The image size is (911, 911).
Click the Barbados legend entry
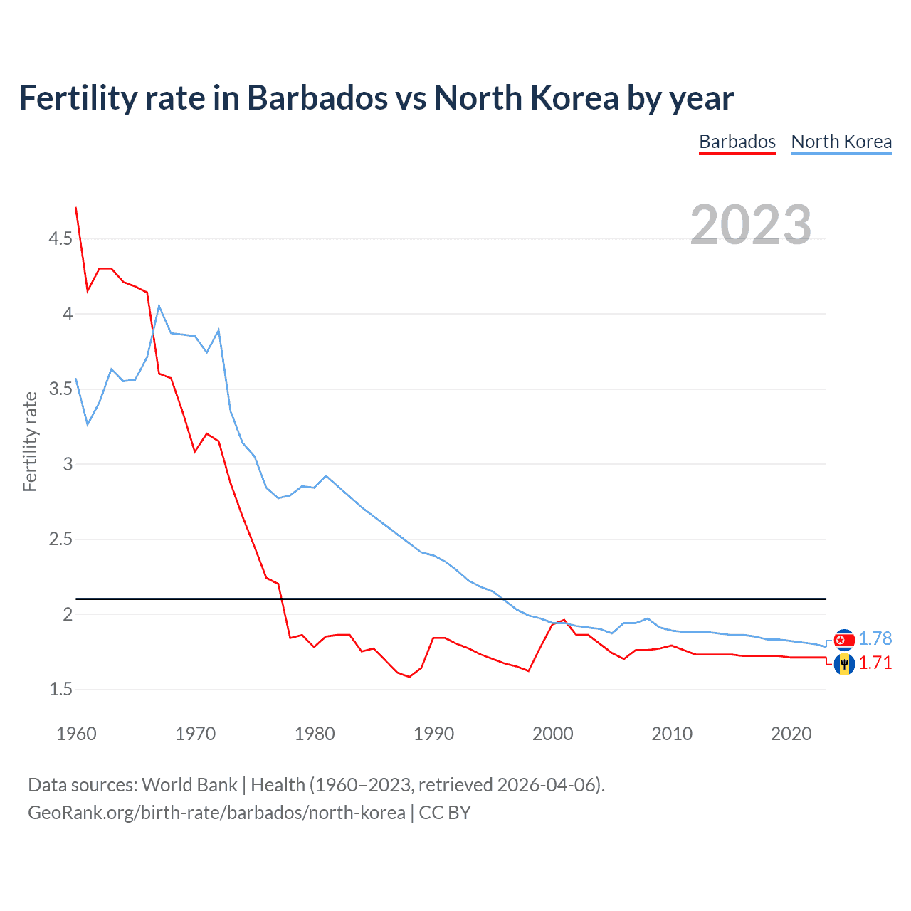click(x=737, y=142)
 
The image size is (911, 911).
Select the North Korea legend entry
click(x=841, y=142)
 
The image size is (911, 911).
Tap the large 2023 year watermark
click(x=751, y=225)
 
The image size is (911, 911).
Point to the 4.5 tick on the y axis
click(x=60, y=238)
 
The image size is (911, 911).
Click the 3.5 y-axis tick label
click(x=60, y=389)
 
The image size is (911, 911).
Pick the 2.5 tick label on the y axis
click(x=60, y=539)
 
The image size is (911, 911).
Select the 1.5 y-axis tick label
click(x=60, y=689)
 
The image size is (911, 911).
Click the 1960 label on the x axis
click(x=76, y=734)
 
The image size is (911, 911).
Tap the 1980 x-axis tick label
click(x=315, y=734)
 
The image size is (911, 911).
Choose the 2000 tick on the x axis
click(x=552, y=734)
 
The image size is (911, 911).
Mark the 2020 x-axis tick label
click(x=791, y=734)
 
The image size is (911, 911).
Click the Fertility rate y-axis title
click(x=30, y=441)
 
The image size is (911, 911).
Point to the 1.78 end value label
click(x=875, y=638)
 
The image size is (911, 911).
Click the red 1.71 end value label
click(x=875, y=663)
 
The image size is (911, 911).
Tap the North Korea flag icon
click(x=844, y=640)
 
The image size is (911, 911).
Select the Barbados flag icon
click(x=844, y=664)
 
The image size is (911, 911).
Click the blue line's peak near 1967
click(x=159, y=306)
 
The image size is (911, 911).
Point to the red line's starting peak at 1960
click(x=76, y=208)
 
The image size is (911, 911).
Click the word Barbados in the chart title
click(x=317, y=98)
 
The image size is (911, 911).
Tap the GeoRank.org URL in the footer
click(x=216, y=813)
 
